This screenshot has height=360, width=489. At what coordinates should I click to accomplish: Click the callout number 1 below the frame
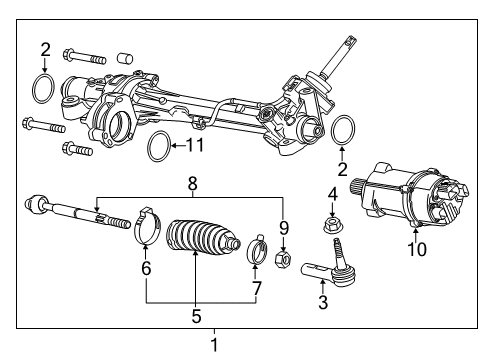(213, 346)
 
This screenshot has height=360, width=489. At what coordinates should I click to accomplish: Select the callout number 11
(194, 145)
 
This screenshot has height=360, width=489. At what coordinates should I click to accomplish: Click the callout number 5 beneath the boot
(196, 318)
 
